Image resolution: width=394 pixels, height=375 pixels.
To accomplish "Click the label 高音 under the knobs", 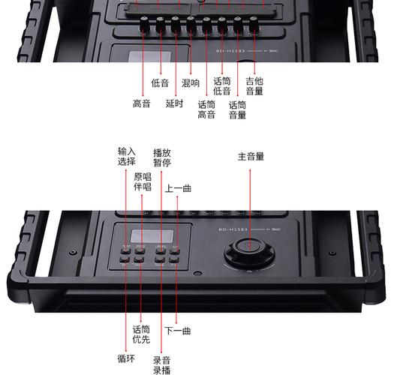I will pos(142,104).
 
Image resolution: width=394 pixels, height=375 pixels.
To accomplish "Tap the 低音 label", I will pos(160,83).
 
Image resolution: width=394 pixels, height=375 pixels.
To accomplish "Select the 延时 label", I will pos(174,104).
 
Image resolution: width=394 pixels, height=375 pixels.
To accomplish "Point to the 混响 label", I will pos(191,83).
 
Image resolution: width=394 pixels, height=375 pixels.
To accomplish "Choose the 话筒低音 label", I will pos(222,86).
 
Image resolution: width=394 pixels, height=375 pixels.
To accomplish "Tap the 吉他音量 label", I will pos(254,86).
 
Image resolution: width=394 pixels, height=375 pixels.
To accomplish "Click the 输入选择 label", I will pos(126,157).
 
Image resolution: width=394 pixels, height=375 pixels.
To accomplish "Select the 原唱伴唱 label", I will pos(143,182).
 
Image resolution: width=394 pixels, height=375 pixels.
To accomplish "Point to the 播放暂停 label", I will pos(162,157).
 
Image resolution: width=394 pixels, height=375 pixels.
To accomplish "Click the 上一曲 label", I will pos(178,189).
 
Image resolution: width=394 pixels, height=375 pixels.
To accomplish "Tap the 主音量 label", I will pos(251,157).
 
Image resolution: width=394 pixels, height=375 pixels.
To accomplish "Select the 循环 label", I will pos(126,358).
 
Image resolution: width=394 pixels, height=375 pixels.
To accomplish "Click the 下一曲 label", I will pos(178,330).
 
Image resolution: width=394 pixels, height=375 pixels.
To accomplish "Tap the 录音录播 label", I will pos(162,364).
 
